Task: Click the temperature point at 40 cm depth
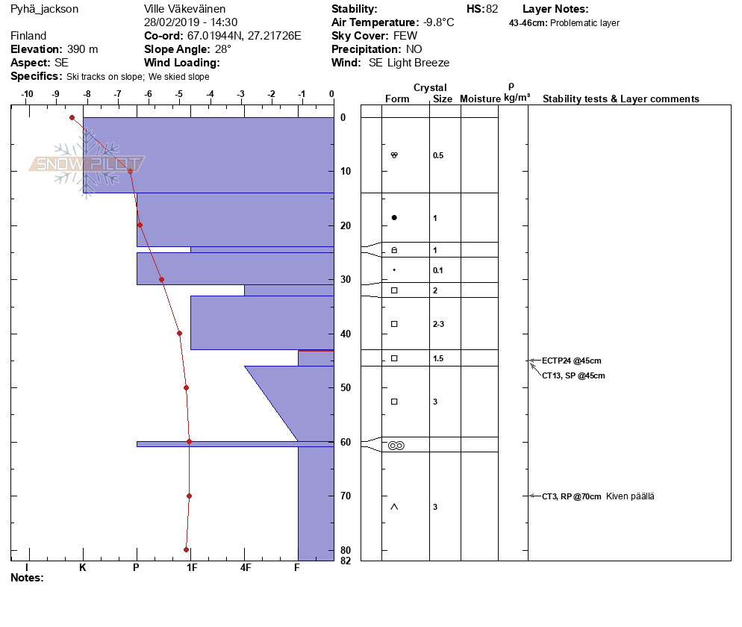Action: [179, 333]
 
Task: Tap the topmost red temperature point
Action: [72, 117]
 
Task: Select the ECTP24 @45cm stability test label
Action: [571, 361]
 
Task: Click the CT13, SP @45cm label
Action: [573, 375]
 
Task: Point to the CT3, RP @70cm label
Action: [571, 496]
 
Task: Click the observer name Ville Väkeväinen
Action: [184, 9]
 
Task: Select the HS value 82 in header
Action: [491, 9]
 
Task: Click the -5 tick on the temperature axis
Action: [178, 94]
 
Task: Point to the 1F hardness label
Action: [191, 567]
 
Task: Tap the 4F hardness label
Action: [245, 567]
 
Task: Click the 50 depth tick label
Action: [346, 387]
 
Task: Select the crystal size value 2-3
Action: [439, 324]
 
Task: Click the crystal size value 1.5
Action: [438, 358]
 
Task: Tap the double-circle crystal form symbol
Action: [396, 446]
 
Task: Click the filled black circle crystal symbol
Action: [394, 218]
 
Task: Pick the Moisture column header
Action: [480, 99]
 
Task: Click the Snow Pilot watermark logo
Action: [87, 164]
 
